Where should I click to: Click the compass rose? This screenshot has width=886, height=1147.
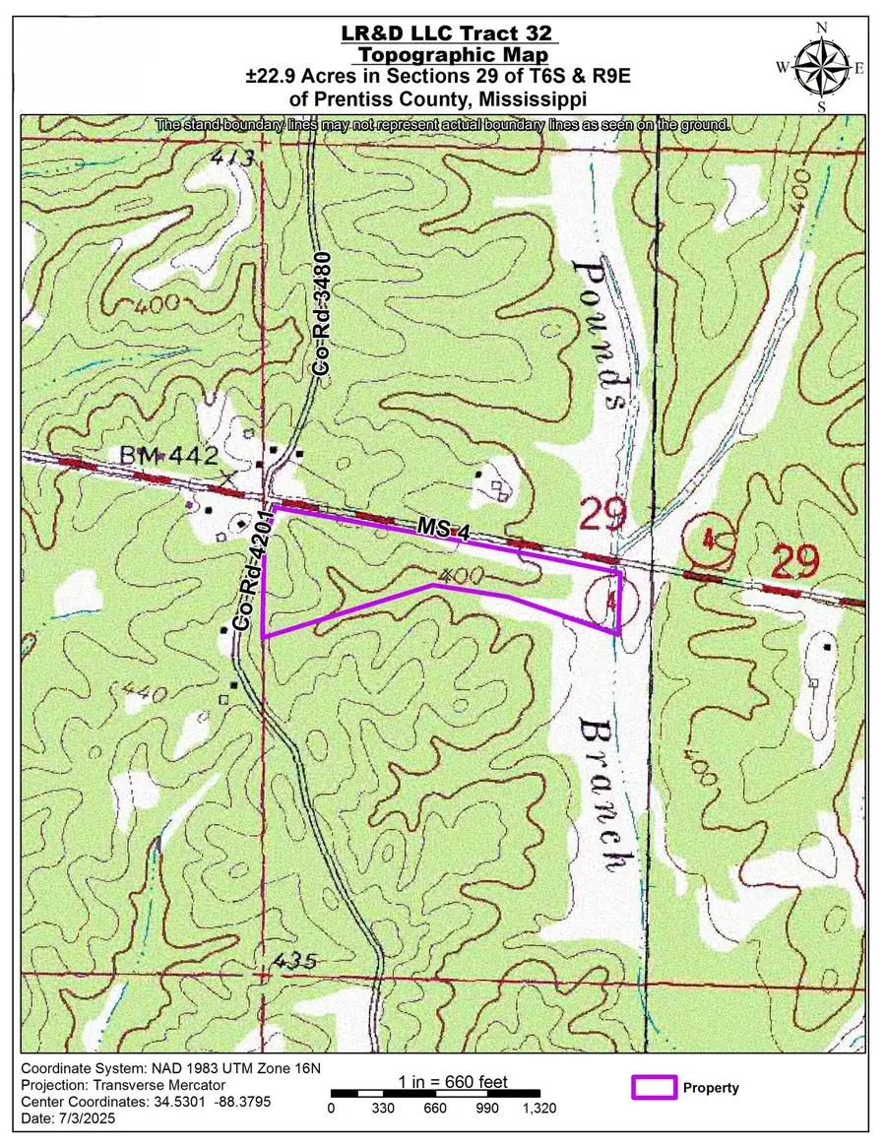826,67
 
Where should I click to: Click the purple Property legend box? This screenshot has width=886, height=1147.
653,1087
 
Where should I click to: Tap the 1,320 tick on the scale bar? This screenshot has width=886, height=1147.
538,1109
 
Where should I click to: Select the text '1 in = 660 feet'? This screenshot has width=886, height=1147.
453,1082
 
